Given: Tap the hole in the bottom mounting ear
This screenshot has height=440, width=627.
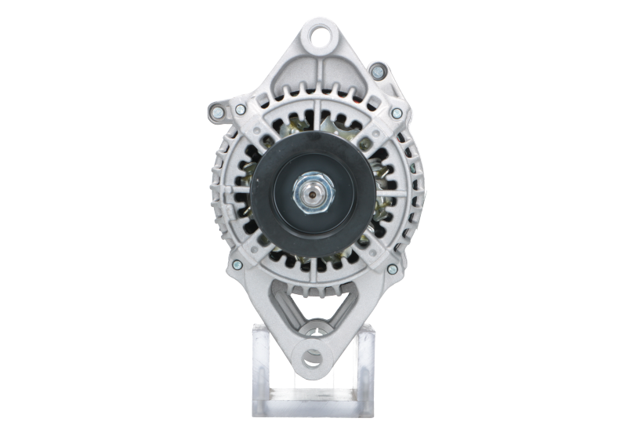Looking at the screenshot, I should tap(313, 358).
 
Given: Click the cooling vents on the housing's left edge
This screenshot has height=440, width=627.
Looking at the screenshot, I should tap(222, 188).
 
